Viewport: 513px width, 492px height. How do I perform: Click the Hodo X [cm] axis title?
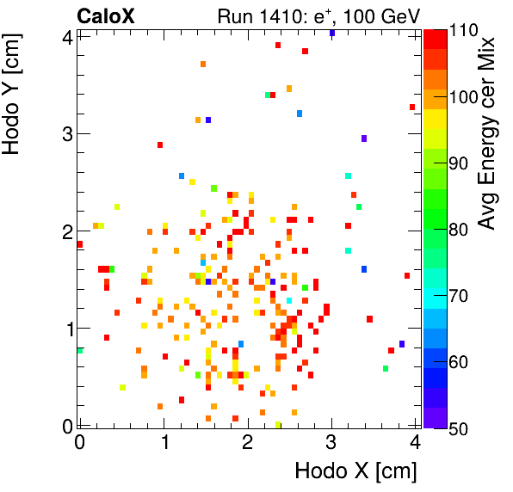tap(355, 471)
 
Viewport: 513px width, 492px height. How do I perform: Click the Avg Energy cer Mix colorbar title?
tap(487, 133)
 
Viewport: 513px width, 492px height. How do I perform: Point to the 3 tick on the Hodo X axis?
tap(332, 443)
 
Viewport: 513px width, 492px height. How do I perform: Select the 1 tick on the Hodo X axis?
tap(164, 443)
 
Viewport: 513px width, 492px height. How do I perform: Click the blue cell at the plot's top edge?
tap(332, 33)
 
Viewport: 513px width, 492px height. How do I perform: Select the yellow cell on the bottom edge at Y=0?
tap(277, 424)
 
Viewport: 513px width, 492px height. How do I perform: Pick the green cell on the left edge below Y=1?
tap(79, 350)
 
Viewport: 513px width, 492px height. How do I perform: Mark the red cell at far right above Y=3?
tap(412, 107)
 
